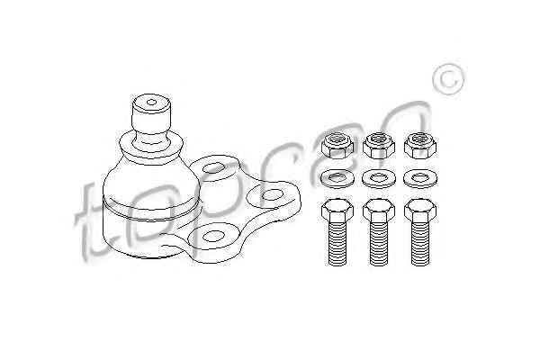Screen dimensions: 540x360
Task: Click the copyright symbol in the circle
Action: (x=448, y=79)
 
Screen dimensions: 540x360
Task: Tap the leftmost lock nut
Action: (x=337, y=145)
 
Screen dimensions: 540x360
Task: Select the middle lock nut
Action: (x=379, y=145)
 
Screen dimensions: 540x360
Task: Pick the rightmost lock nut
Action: (x=420, y=145)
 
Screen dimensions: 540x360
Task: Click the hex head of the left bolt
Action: (x=337, y=210)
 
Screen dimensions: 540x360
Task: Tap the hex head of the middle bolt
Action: (x=379, y=210)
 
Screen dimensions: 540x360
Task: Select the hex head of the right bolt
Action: (x=420, y=210)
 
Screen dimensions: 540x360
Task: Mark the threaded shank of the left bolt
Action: (x=337, y=244)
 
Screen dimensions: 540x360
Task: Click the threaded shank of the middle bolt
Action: (x=379, y=244)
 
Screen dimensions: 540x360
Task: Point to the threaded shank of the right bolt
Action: (x=420, y=244)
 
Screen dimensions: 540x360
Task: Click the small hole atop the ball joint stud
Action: (x=151, y=102)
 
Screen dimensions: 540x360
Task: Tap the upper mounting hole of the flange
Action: (x=214, y=168)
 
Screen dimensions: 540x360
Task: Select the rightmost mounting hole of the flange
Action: (x=272, y=195)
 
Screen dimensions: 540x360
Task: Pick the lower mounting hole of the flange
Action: (x=213, y=236)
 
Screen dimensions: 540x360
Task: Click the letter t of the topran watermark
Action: (x=89, y=224)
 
